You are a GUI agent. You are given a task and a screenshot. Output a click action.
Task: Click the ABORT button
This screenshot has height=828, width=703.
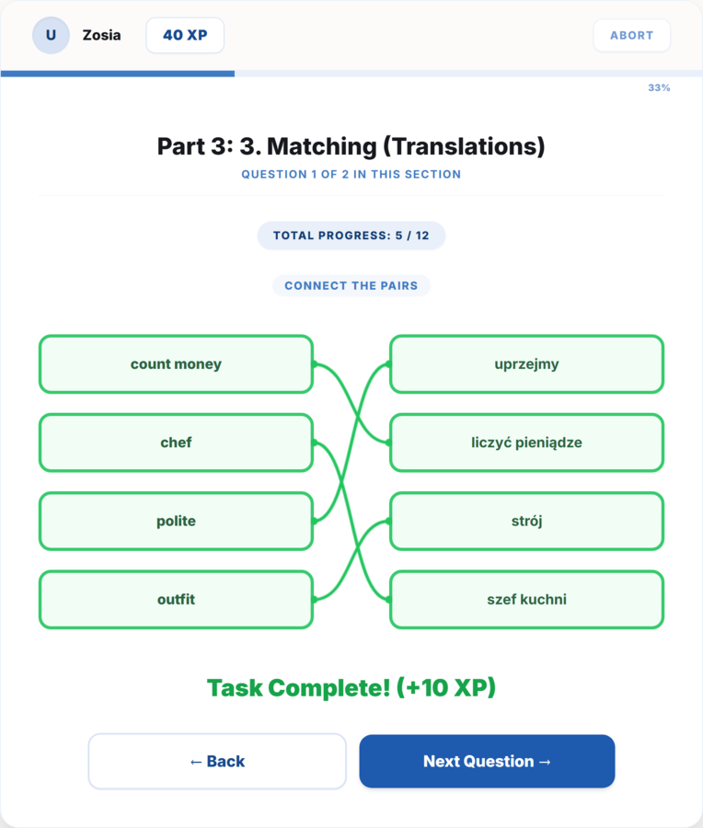[x=632, y=35]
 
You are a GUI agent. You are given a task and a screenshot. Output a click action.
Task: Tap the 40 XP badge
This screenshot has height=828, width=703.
[x=185, y=35]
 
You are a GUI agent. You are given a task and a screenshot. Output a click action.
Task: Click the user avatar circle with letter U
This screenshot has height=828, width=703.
[x=51, y=35]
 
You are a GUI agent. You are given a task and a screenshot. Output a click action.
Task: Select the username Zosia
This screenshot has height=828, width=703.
[x=101, y=35]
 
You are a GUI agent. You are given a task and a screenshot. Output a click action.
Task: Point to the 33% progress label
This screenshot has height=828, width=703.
[x=659, y=87]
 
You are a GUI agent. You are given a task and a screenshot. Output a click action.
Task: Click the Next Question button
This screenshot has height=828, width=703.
[x=487, y=761]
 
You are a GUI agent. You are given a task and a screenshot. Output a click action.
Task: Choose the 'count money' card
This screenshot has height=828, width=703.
[x=177, y=363]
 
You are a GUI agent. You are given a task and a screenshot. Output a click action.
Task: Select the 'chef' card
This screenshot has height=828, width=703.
[x=177, y=443]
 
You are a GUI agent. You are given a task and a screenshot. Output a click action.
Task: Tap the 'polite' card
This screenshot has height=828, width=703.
[x=177, y=522]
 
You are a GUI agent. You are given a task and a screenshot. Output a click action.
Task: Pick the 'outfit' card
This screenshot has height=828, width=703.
[x=177, y=599]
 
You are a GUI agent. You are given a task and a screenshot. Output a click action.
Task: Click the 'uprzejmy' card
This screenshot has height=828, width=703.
[x=526, y=363]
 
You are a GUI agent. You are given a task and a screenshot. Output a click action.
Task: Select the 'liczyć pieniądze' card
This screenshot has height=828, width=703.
[x=526, y=443]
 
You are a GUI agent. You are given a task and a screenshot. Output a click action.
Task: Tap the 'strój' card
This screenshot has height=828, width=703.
[x=526, y=522]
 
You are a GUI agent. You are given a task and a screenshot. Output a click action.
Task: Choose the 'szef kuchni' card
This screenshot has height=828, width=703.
[x=526, y=599]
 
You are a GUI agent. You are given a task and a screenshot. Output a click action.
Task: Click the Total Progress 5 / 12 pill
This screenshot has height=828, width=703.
[x=351, y=236]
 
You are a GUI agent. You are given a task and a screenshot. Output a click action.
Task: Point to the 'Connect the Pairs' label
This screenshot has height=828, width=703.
[x=351, y=286]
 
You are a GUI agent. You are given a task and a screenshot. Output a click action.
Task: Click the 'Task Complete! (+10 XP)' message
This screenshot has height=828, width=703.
[x=351, y=687]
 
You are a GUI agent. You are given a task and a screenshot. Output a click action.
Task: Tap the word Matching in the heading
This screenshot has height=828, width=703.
[x=322, y=146]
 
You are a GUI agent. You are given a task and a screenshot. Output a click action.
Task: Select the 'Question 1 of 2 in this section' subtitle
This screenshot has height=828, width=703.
[x=351, y=174]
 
